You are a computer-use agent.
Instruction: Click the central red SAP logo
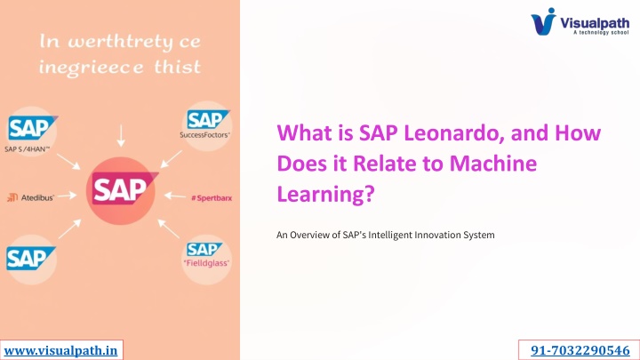pos(124,188)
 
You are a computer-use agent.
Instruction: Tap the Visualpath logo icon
pos(544,21)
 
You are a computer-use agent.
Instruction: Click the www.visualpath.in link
pos(60,350)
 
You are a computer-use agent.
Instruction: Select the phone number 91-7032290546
pos(580,350)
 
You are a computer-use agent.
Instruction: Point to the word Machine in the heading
pos(493,164)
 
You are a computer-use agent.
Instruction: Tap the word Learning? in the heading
pos(325,194)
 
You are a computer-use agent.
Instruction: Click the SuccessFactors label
pos(204,135)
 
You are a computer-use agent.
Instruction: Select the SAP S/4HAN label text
pos(27,149)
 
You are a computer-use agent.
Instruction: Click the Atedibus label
pos(37,198)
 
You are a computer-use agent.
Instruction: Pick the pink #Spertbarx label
pos(212,198)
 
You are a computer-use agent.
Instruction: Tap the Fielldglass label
pos(206,263)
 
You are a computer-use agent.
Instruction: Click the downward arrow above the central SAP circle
pos(121,136)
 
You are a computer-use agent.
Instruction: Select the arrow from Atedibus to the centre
pos(67,196)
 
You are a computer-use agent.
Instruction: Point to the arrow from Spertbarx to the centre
pos(175,196)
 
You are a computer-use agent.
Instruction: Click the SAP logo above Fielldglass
pos(204,250)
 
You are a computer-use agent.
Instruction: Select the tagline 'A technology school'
pos(601,32)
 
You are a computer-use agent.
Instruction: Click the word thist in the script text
pos(178,67)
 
